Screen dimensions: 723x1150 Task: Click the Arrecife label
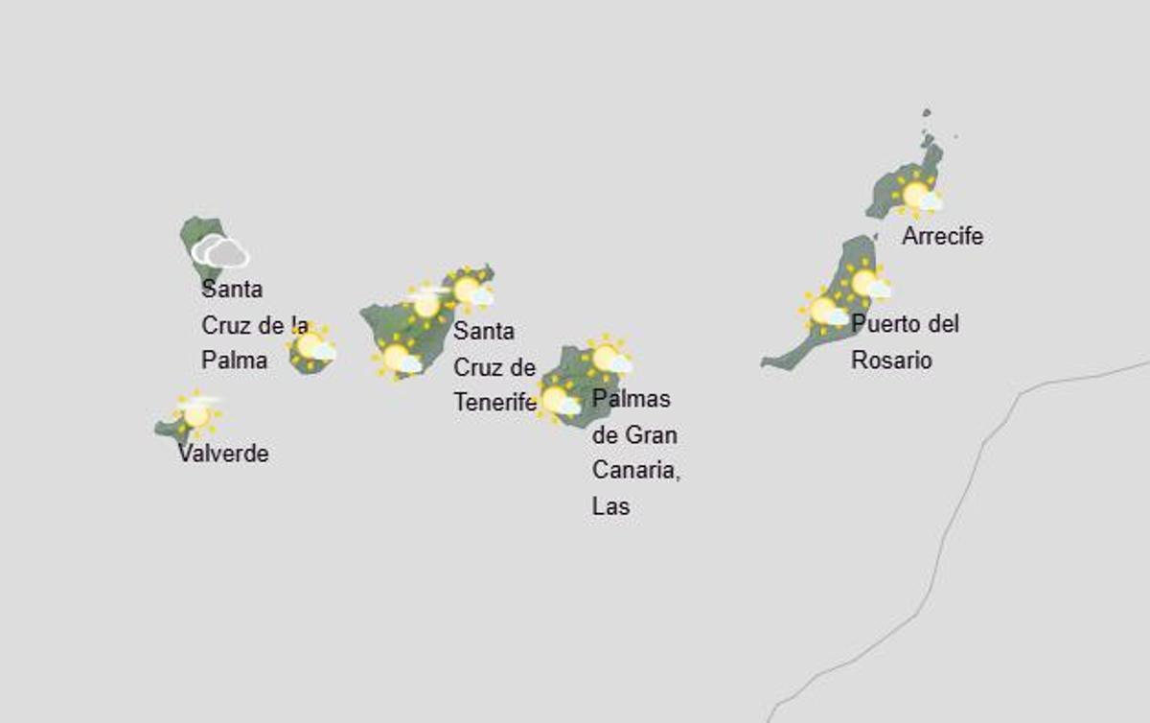pyautogui.click(x=942, y=236)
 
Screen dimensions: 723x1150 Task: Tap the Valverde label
pyautogui.click(x=223, y=454)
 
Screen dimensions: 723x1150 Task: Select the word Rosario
pyautogui.click(x=891, y=361)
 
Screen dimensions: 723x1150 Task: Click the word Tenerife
pyautogui.click(x=494, y=403)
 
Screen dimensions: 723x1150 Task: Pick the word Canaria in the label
pyautogui.click(x=635, y=471)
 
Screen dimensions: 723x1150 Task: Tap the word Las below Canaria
pyautogui.click(x=610, y=506)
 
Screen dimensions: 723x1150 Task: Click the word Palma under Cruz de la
pyautogui.click(x=234, y=360)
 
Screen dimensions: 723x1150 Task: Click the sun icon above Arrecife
pyautogui.click(x=917, y=196)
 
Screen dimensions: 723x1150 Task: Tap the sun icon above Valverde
pyautogui.click(x=196, y=414)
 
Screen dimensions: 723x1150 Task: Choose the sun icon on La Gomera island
pyautogui.click(x=310, y=345)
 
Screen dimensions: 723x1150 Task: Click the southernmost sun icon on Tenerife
pyautogui.click(x=397, y=358)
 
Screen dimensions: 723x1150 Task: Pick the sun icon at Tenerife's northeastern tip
pyautogui.click(x=469, y=289)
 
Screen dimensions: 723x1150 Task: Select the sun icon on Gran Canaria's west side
pyautogui.click(x=556, y=399)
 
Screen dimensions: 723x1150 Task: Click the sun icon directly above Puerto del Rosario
pyautogui.click(x=865, y=282)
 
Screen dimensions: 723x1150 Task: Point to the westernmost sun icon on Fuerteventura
pyautogui.click(x=823, y=310)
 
